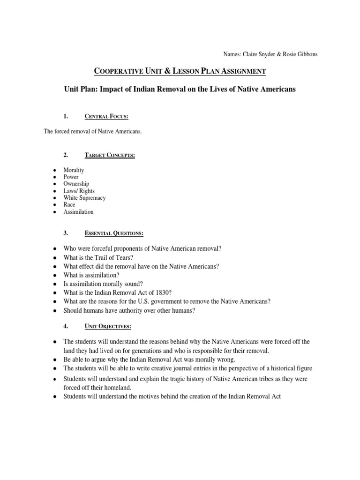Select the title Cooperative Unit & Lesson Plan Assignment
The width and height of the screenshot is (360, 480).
tap(180, 71)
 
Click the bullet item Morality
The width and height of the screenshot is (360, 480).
tap(75, 170)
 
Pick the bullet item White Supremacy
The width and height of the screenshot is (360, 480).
tap(85, 198)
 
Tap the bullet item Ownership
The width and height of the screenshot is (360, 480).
tap(76, 184)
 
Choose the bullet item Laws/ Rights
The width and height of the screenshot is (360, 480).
tap(79, 191)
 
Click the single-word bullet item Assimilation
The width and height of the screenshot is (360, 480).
tap(79, 212)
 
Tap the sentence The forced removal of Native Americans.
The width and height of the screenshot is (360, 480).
tap(92, 132)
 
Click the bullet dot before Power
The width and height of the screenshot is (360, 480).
tap(55, 177)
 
